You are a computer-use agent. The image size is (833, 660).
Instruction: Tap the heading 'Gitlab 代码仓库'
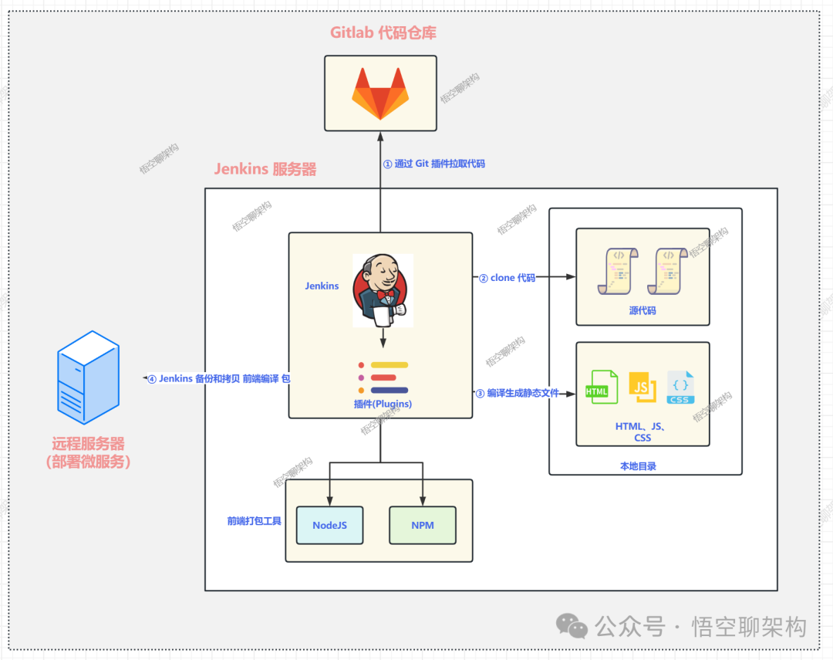point(383,32)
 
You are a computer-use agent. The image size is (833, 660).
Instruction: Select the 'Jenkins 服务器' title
point(265,169)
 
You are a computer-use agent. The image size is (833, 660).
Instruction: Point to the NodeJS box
point(329,525)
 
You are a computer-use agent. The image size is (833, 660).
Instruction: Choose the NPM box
point(422,525)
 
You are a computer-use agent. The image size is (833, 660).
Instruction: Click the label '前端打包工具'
point(255,521)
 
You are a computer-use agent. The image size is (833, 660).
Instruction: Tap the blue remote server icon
point(87,377)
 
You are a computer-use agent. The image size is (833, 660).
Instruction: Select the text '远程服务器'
point(88,444)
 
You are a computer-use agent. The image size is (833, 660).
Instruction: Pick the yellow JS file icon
point(642,387)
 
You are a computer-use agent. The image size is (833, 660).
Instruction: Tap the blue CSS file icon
point(680,387)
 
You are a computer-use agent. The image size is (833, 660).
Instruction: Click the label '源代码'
point(642,310)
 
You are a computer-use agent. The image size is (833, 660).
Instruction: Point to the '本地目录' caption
point(638,466)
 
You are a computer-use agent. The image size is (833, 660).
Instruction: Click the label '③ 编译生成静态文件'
point(517,393)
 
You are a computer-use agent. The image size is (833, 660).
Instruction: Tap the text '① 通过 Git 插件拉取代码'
point(434,164)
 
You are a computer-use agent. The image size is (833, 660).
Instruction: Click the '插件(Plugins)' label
point(379,404)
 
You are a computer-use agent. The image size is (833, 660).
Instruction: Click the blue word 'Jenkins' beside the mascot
point(322,286)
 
